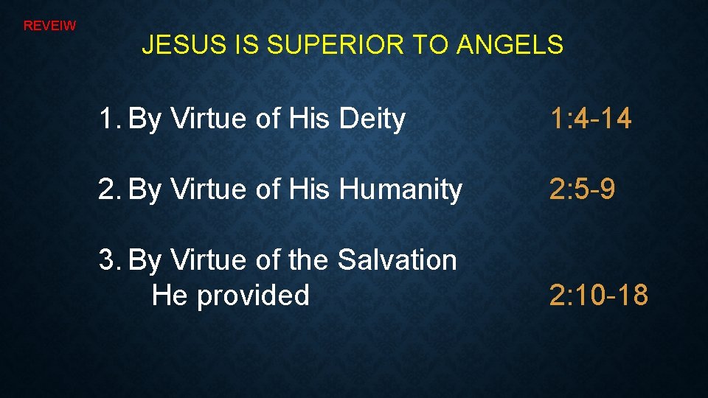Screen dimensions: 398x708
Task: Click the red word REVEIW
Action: click(49, 26)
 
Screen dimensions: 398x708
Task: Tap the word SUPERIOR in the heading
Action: click(336, 46)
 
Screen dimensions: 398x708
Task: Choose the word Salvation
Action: click(397, 260)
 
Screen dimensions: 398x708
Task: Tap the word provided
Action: click(252, 296)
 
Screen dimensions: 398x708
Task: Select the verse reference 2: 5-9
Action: click(583, 190)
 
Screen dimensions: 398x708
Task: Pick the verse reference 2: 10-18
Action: click(598, 296)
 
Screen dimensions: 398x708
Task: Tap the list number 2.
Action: click(108, 190)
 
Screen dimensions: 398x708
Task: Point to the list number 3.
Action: click(108, 260)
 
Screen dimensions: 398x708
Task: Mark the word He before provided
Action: click(168, 296)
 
